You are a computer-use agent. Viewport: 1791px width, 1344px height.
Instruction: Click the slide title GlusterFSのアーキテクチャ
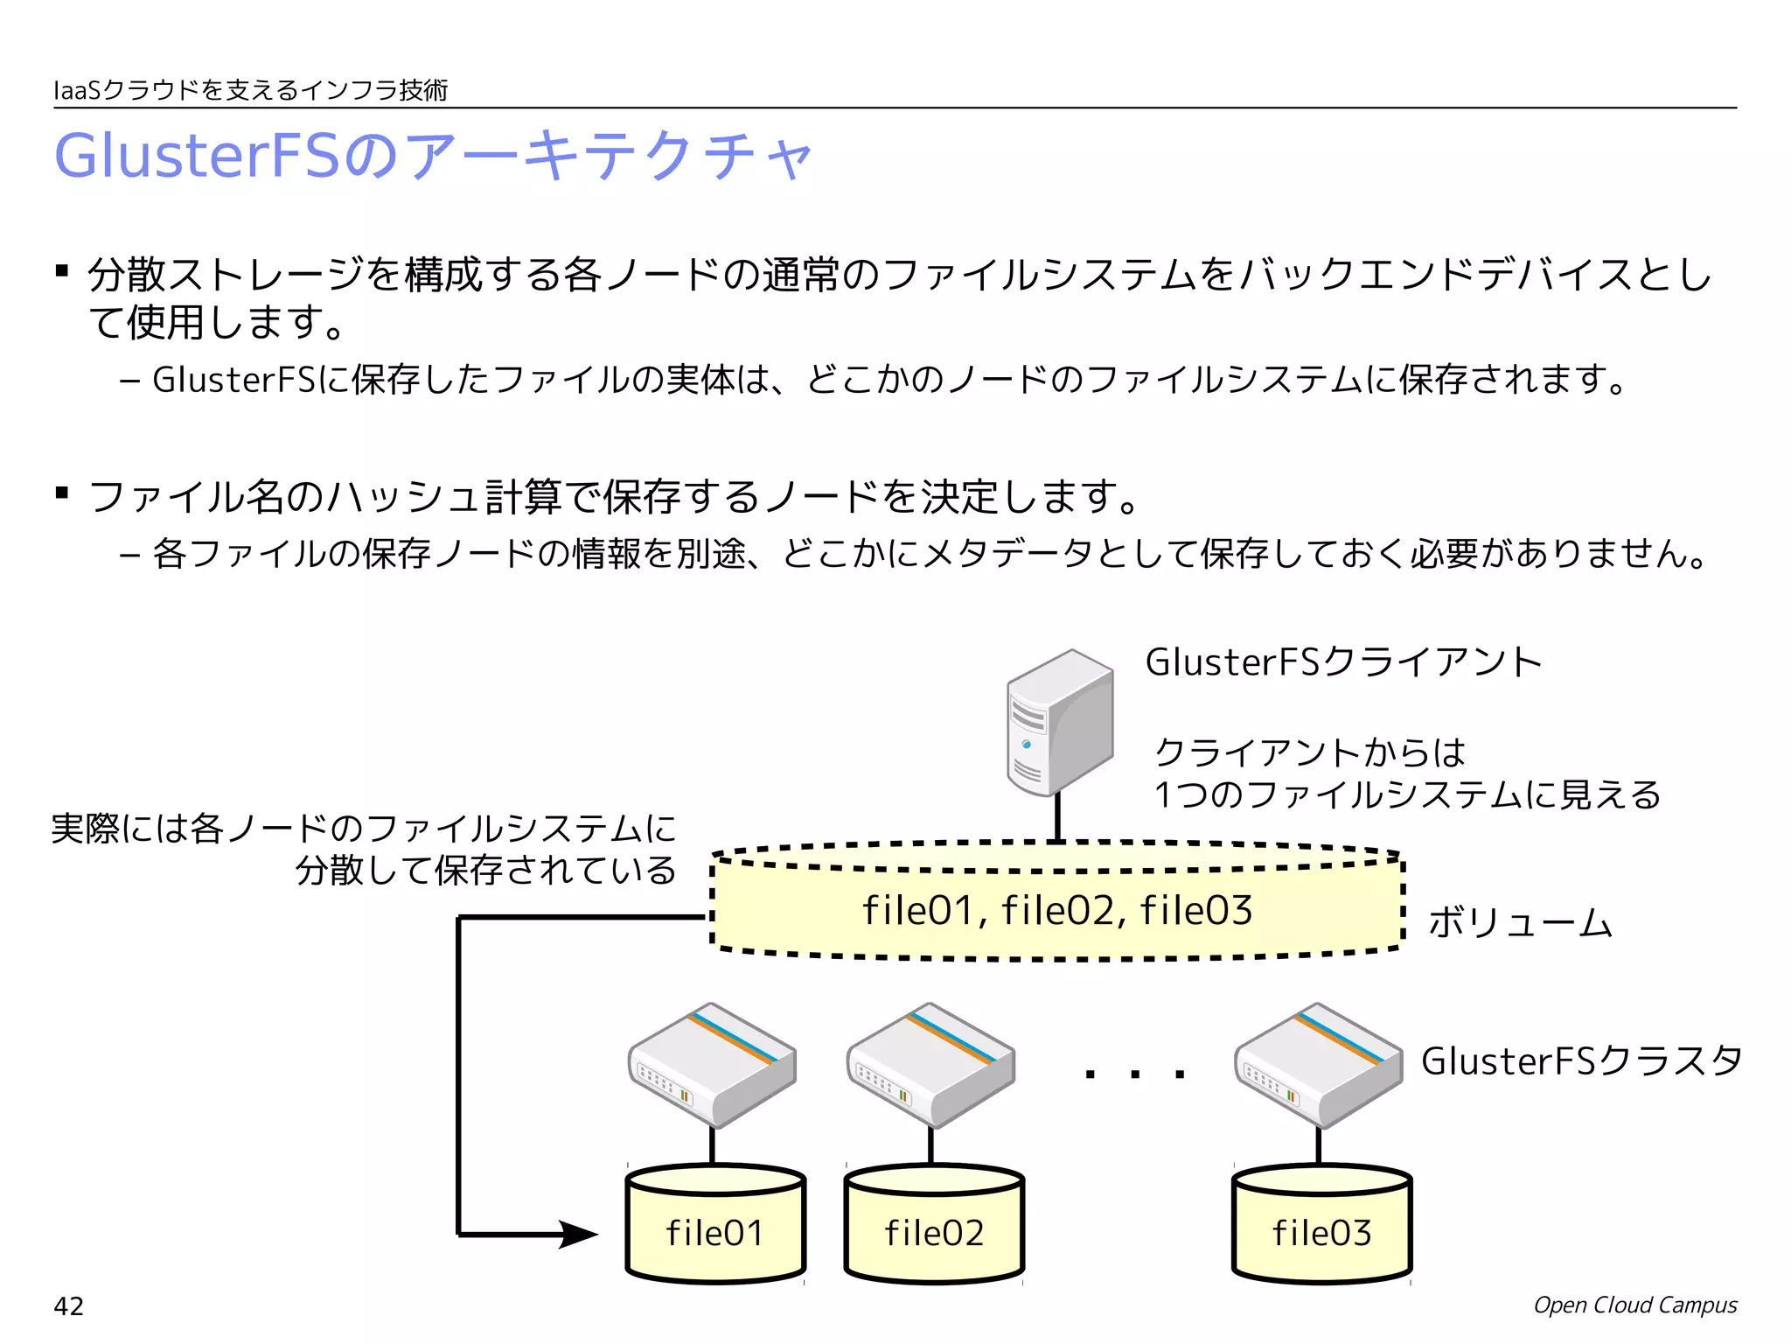(433, 156)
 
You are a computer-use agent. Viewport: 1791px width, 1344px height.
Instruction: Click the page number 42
(69, 1306)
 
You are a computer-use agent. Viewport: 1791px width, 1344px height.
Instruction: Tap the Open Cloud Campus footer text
(1634, 1305)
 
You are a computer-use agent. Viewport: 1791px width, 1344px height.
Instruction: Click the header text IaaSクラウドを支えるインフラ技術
(251, 90)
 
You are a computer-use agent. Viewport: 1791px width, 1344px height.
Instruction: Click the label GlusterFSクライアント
(1343, 662)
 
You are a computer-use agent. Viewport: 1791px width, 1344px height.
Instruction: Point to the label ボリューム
(1520, 923)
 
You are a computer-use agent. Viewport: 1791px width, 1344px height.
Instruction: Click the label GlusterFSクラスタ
(1581, 1061)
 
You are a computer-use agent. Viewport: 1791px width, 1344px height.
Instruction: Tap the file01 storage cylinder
(715, 1225)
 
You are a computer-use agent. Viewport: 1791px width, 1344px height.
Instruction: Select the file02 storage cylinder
(934, 1225)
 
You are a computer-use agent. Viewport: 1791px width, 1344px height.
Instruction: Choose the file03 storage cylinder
(1321, 1225)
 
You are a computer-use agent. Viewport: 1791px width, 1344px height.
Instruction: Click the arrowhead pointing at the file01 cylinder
(579, 1235)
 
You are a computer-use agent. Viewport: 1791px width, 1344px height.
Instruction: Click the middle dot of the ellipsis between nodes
(1135, 1074)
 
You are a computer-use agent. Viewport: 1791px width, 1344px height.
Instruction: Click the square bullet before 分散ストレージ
(61, 270)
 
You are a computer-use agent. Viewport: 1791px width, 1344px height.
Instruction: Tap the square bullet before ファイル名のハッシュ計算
(61, 493)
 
